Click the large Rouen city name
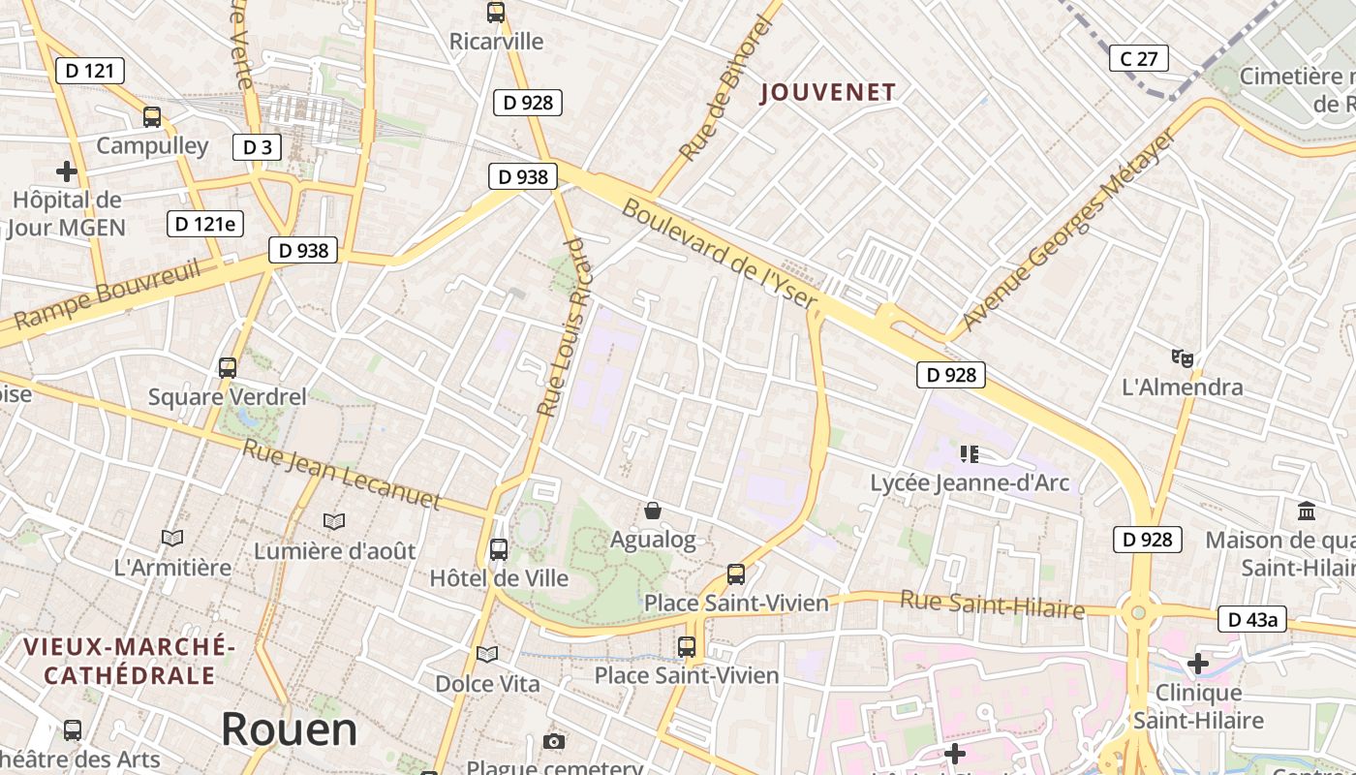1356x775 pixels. pos(289,729)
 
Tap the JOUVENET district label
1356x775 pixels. pos(828,93)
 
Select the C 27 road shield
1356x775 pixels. pos(1138,59)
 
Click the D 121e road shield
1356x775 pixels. pos(204,224)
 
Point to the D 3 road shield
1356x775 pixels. pos(257,147)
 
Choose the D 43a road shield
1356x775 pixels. pos(1251,619)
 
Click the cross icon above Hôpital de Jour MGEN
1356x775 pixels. pos(67,172)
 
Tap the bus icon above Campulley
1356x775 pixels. pos(152,117)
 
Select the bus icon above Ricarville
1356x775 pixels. pos(496,13)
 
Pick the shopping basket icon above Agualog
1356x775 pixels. pos(653,511)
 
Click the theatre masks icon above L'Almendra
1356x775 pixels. pos(1182,358)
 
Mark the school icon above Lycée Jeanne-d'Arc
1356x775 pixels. pos(970,453)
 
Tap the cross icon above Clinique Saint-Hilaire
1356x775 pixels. pos(1198,664)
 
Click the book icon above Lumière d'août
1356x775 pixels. pos(334,522)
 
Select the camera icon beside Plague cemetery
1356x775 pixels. pos(553,742)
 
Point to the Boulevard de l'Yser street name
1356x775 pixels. pos(720,254)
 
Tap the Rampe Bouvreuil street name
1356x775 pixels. pos(107,294)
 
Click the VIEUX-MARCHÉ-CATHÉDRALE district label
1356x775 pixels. pos(130,661)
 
